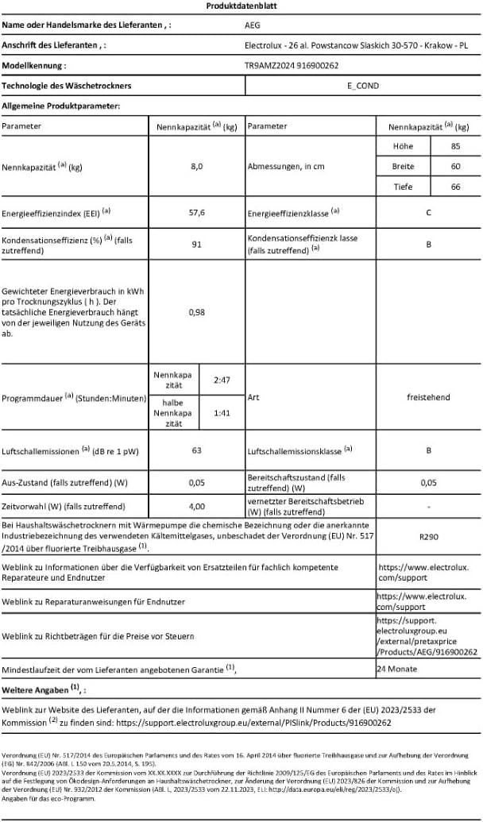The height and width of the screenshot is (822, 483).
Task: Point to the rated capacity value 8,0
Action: [197, 167]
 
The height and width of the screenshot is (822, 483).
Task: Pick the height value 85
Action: [455, 147]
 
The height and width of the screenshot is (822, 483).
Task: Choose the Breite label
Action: [404, 167]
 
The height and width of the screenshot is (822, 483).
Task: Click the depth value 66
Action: [455, 187]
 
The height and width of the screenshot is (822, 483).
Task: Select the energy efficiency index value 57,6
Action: [197, 213]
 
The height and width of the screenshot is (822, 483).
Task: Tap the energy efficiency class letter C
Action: [428, 213]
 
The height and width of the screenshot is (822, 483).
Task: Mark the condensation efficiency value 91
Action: [197, 244]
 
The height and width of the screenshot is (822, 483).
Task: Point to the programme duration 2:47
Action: [222, 380]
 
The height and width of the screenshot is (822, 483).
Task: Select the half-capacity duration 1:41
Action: [222, 413]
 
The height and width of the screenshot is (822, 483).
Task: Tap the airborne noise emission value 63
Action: [197, 450]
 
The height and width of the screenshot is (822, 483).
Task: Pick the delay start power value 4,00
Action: [197, 505]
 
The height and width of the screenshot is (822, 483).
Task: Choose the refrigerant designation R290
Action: [428, 536]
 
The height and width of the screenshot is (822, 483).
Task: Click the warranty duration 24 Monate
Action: [398, 670]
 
